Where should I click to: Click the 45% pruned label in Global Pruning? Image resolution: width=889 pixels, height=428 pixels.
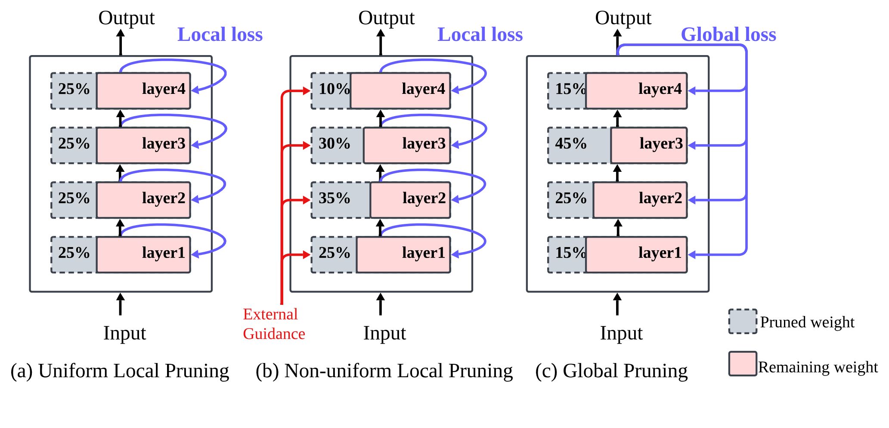point(570,143)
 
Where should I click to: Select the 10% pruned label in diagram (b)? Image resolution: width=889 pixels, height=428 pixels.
point(334,89)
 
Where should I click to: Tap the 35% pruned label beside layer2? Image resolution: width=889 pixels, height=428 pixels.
point(334,198)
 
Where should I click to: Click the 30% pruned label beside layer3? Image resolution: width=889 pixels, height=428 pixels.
point(334,143)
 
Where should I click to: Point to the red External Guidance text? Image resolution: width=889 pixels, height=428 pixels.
point(274,324)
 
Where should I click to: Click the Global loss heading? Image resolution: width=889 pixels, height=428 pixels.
point(728,34)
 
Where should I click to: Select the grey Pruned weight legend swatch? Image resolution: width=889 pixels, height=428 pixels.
point(743,321)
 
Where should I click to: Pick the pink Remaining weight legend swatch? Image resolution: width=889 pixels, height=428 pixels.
point(743,364)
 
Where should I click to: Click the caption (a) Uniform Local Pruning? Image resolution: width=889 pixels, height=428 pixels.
point(120,371)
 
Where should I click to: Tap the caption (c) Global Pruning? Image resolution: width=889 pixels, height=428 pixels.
point(611,371)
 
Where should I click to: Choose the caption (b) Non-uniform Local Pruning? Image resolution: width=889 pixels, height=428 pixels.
point(384,371)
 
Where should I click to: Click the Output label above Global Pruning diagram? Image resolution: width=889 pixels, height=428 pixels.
point(623,18)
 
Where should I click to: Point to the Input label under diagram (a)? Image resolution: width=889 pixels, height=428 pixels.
point(124,333)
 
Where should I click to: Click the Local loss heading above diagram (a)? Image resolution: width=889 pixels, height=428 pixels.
point(220,34)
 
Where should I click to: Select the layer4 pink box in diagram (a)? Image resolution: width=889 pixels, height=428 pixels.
point(143,90)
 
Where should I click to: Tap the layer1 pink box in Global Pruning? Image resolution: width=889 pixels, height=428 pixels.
point(636,254)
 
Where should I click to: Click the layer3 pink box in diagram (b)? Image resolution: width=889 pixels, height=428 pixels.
point(407,145)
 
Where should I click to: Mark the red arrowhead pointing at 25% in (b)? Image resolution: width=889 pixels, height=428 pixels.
point(306,255)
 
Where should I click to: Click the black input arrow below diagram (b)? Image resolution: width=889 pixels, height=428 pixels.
point(381,304)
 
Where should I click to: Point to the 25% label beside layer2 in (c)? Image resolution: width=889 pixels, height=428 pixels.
point(570,198)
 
